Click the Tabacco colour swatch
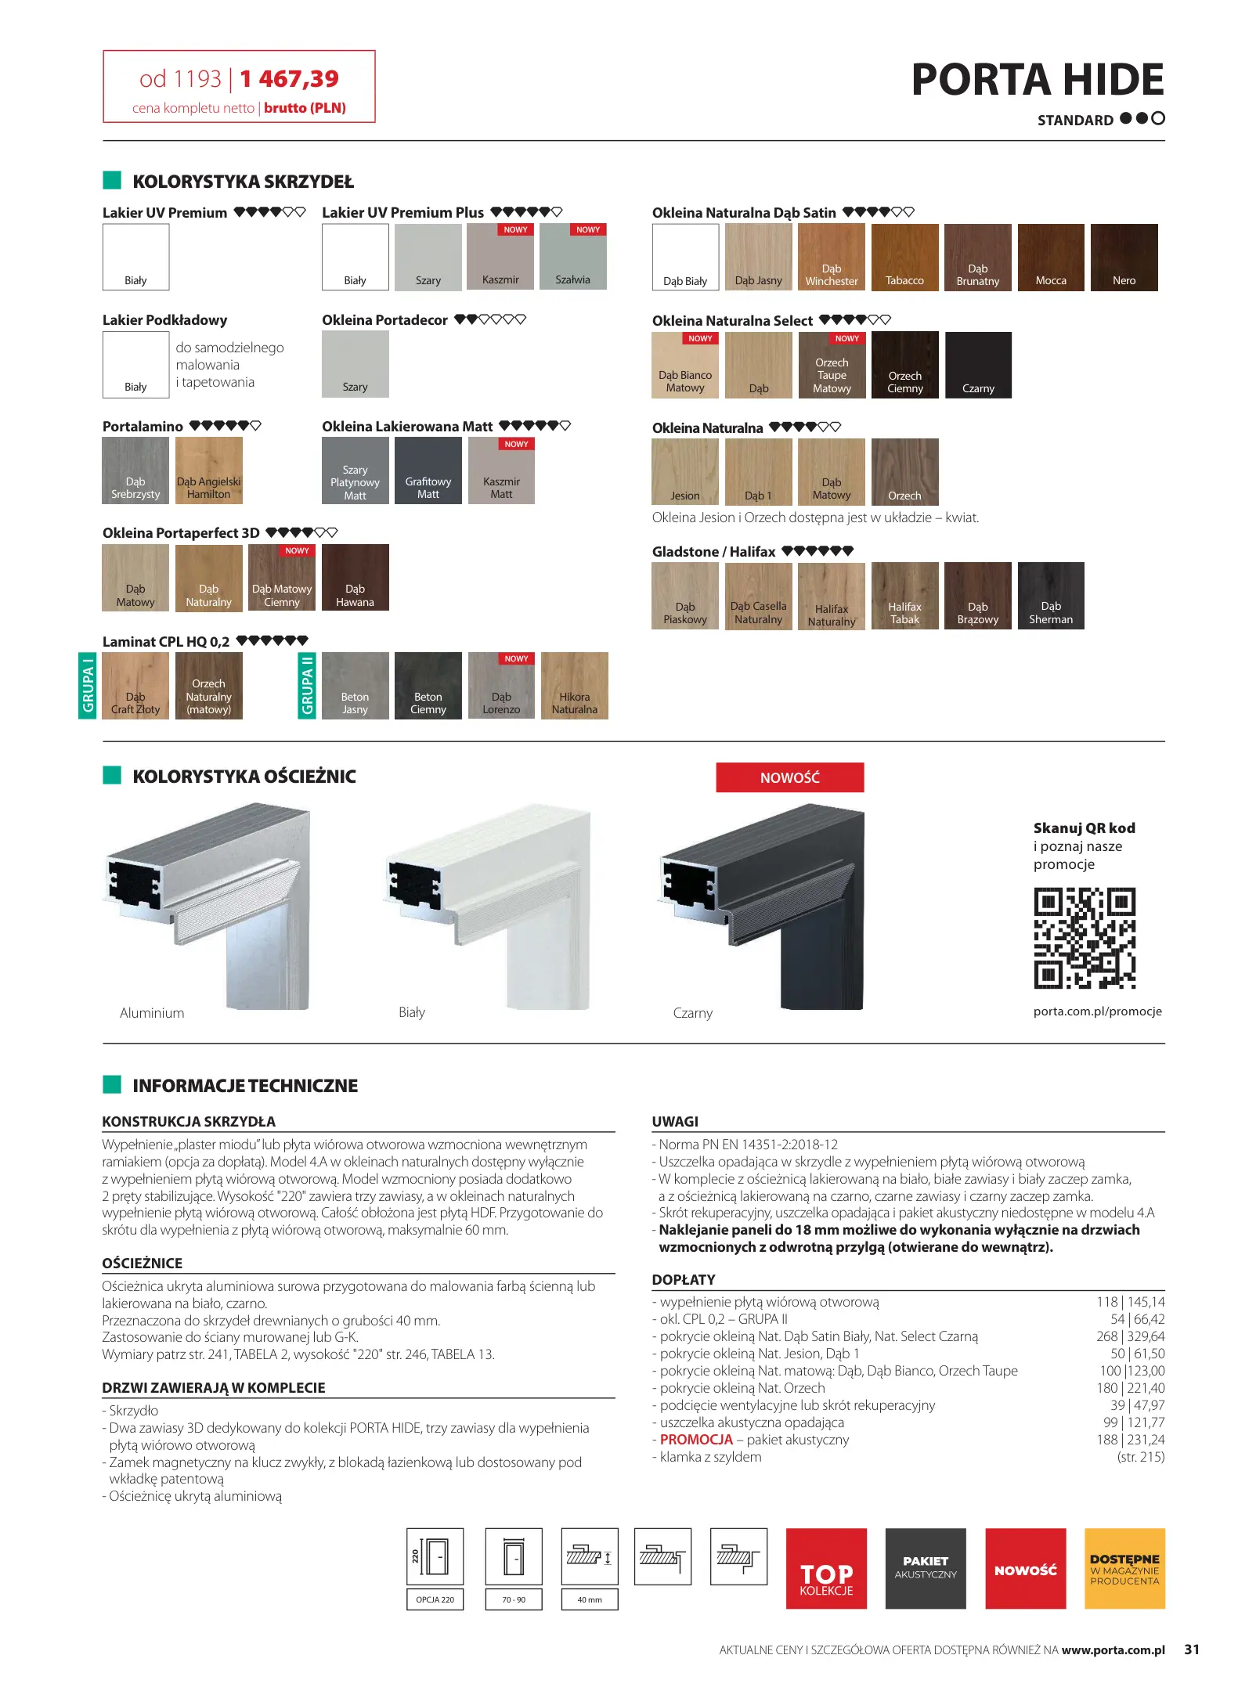(904, 258)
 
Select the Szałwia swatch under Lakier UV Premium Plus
(573, 257)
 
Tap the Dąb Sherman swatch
(1051, 596)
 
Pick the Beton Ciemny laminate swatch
(428, 686)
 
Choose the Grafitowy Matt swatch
(428, 471)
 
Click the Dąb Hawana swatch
(356, 578)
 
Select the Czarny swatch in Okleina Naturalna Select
(978, 366)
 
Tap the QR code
(1085, 938)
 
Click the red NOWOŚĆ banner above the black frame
(789, 777)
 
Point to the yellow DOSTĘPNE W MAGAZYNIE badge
(1124, 1569)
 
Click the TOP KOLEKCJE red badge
(826, 1569)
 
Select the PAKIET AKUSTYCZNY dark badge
(926, 1569)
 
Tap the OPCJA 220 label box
(435, 1599)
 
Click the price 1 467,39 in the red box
(289, 79)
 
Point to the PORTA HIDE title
(1038, 80)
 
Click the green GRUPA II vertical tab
(307, 686)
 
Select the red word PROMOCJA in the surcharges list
(696, 1440)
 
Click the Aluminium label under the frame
(152, 1013)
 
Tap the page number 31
(1192, 1650)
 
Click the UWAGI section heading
(675, 1122)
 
